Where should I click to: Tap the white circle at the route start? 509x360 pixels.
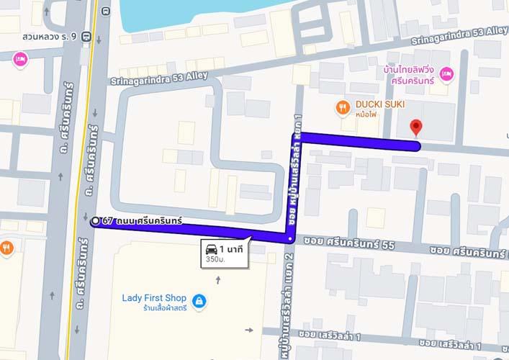point(95,221)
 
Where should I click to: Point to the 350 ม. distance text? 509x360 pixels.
point(214,259)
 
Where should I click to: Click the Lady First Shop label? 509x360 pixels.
point(154,298)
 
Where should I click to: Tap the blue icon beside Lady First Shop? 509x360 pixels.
point(199,300)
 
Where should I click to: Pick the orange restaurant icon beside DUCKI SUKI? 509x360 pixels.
point(343,108)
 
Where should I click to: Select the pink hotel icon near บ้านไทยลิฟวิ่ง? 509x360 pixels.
point(446,73)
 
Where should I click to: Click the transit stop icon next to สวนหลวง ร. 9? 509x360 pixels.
point(86,36)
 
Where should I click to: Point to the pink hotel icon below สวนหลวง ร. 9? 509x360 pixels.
point(20,58)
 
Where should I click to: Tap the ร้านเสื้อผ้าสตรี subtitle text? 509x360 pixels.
point(155,309)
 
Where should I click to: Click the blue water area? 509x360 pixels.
point(187,11)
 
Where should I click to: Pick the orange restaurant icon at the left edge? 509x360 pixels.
point(7,247)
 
